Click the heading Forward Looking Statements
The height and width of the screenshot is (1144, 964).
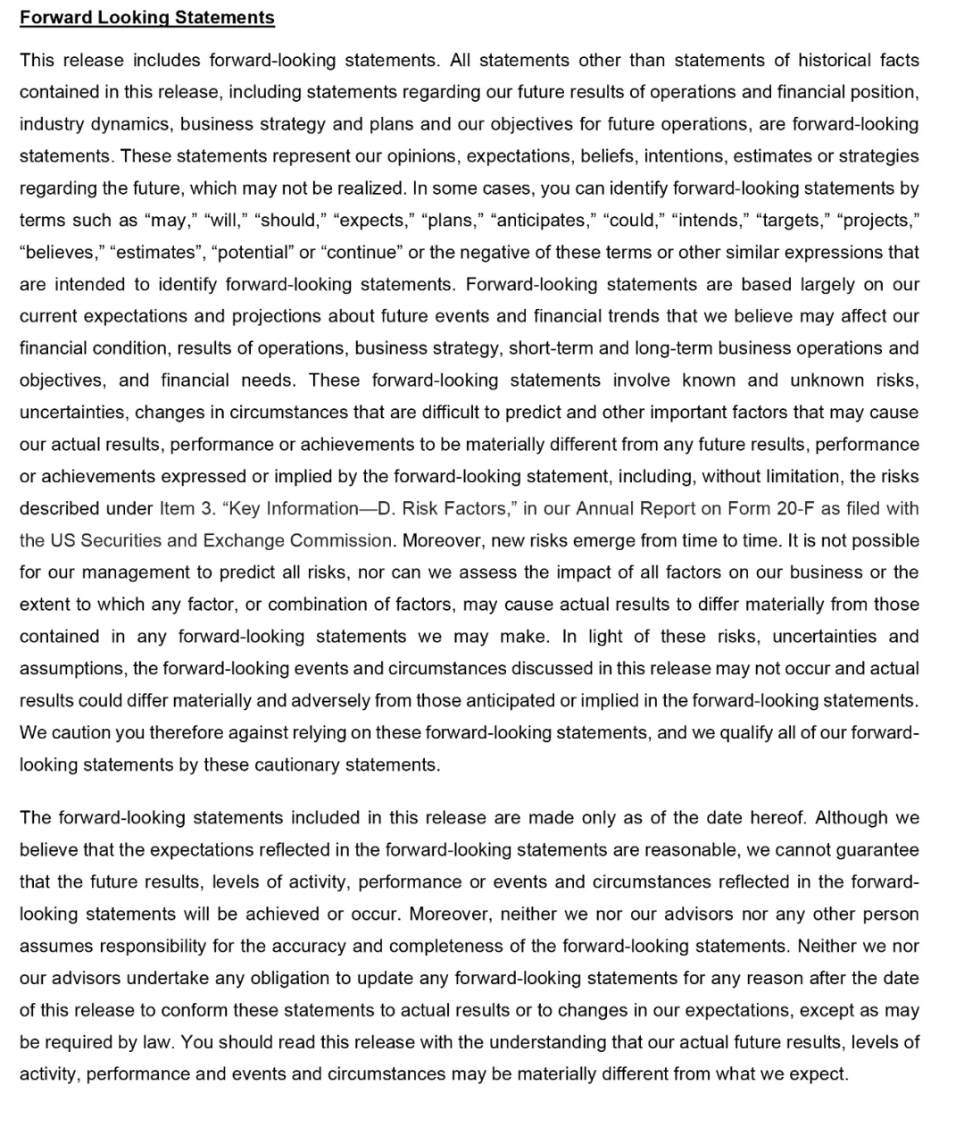147,18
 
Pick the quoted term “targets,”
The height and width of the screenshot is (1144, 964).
784,221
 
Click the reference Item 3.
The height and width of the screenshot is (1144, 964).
187,509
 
